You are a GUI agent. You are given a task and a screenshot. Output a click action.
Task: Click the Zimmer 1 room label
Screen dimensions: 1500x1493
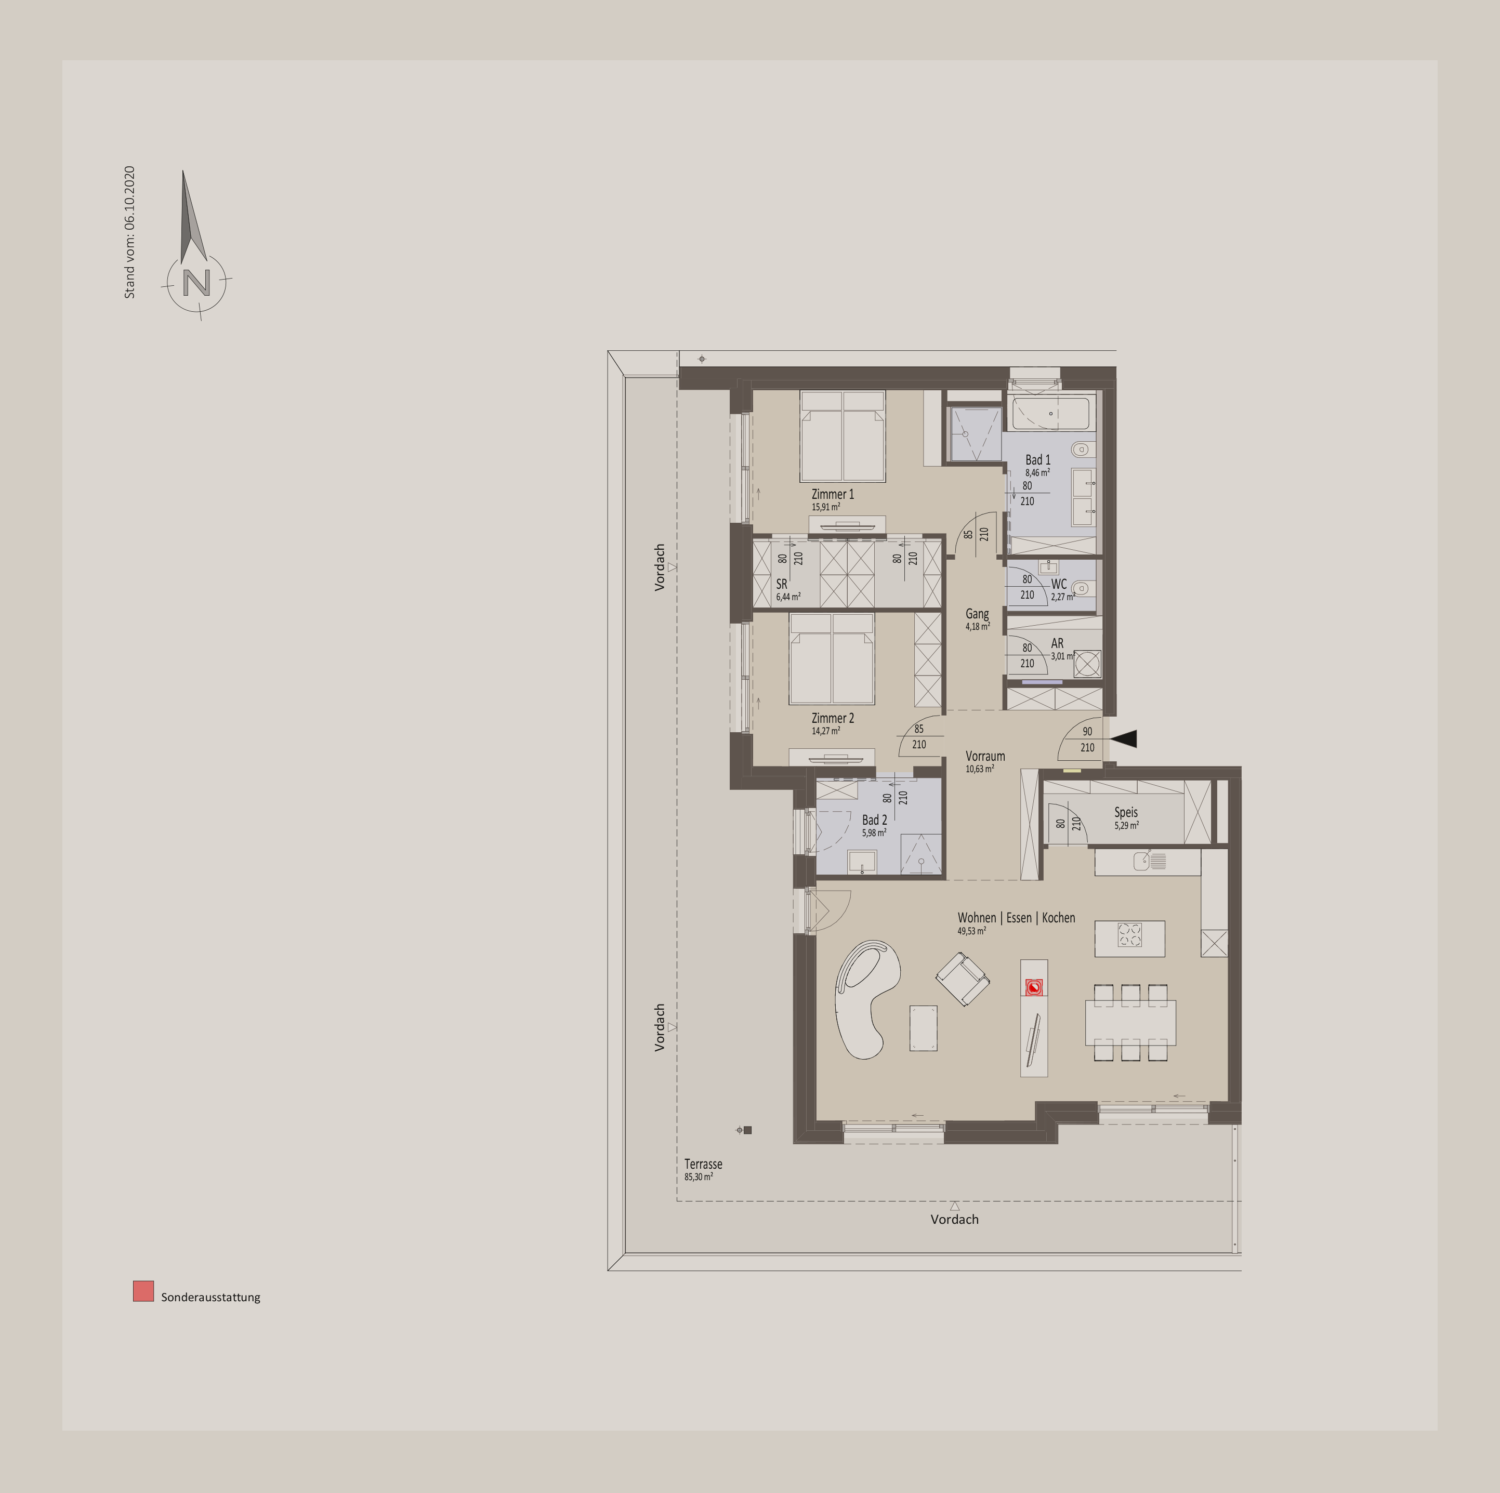(x=832, y=494)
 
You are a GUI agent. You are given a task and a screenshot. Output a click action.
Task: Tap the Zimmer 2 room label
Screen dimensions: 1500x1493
(x=832, y=718)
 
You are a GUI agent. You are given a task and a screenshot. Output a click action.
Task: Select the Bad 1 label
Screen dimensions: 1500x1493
(x=1037, y=459)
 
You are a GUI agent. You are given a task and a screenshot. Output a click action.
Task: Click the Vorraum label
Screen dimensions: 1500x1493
(x=985, y=756)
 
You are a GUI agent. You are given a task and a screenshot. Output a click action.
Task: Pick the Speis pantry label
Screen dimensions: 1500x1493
(x=1126, y=813)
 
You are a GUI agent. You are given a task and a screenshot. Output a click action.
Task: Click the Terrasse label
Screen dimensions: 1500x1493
(x=703, y=1164)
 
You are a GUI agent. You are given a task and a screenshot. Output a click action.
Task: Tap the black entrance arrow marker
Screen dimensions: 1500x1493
(x=1124, y=739)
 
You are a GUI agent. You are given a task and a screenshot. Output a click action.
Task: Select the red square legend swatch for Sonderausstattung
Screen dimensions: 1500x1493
(x=143, y=1291)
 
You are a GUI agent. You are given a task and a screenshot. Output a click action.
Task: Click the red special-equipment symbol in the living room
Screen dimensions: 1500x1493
(x=1033, y=987)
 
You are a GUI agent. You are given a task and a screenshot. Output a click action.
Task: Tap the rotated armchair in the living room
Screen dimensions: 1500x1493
(x=963, y=979)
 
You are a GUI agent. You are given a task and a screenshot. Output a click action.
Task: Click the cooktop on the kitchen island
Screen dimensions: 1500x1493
(x=1129, y=935)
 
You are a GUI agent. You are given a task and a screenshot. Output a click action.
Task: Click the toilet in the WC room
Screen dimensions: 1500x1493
(x=1080, y=588)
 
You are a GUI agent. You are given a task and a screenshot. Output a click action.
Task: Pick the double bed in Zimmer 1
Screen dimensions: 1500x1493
(x=843, y=437)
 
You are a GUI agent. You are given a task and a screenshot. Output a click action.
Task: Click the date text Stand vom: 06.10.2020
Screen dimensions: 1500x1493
(x=129, y=232)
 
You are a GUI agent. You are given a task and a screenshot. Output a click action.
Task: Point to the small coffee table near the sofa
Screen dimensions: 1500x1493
(x=923, y=1029)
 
